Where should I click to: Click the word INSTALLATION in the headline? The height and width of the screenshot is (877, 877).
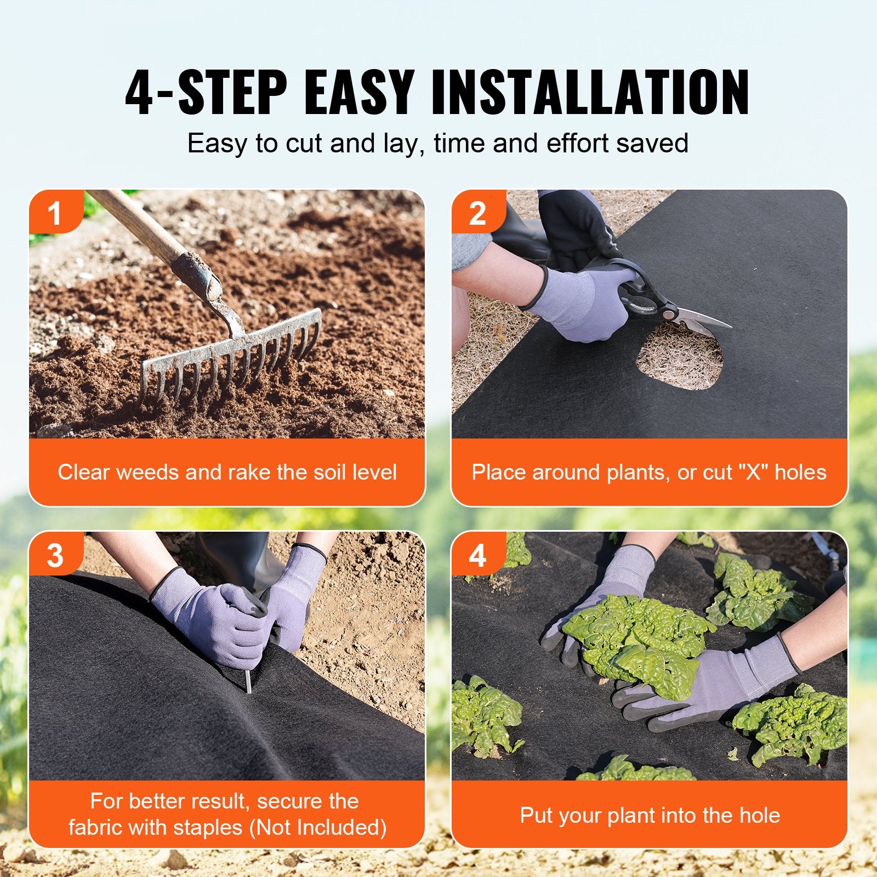(x=590, y=92)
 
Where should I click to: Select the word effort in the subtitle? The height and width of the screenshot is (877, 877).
(x=578, y=144)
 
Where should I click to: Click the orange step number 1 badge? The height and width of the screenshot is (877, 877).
(x=55, y=213)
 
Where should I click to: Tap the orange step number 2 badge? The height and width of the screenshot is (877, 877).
(x=477, y=213)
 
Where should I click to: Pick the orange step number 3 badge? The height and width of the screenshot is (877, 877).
(x=55, y=555)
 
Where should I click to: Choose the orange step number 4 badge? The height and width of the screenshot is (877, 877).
(x=477, y=555)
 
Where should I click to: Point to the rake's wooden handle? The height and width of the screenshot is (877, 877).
(x=148, y=230)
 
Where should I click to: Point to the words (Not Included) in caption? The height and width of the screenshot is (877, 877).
(x=318, y=827)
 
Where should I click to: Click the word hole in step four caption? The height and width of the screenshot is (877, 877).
(x=760, y=815)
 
